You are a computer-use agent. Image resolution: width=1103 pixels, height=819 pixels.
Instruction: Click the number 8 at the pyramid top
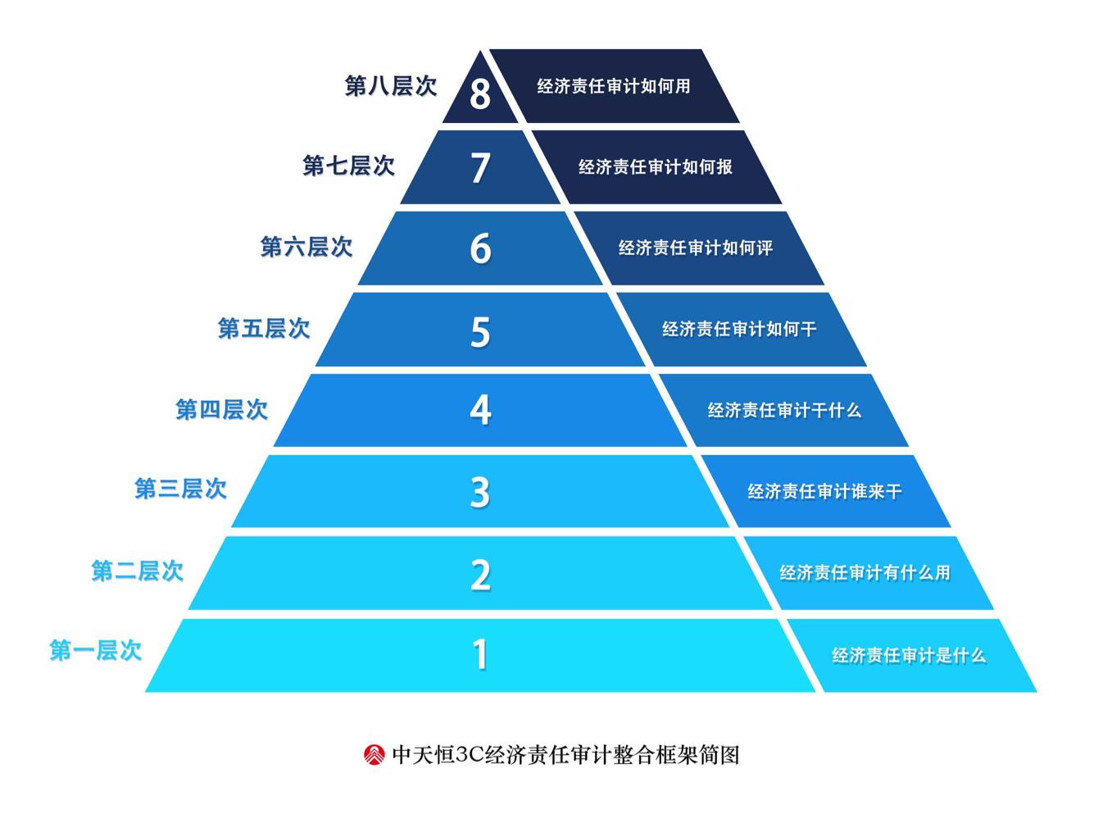point(480,93)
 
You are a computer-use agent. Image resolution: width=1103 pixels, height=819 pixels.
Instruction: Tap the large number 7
point(480,167)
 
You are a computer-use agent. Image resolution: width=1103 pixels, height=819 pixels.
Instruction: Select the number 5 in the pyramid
point(480,331)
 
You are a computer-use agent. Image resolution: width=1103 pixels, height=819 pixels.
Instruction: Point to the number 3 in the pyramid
point(480,492)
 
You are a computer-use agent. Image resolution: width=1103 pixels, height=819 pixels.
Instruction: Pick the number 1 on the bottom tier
point(480,654)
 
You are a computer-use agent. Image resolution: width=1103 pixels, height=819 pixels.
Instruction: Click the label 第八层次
point(391,86)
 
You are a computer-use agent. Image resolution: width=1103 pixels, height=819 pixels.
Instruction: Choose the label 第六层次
point(306,246)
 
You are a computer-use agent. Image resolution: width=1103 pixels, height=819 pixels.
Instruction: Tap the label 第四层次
point(222,409)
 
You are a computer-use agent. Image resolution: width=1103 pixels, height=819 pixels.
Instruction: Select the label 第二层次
point(138,571)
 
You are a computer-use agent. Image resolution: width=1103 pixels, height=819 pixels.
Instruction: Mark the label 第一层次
point(96,651)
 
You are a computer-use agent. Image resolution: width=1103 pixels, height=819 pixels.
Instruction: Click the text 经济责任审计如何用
point(614,86)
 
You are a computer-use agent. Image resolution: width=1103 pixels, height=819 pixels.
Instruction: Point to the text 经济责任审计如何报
point(656,167)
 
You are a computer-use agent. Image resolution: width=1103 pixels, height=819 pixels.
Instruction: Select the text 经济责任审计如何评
point(696,248)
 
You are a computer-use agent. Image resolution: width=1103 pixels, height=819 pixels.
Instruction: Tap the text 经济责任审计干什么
point(784,410)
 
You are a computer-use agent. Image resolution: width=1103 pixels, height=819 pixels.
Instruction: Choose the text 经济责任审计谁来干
point(824,491)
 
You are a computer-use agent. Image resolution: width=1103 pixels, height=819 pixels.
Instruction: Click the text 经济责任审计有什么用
point(865,572)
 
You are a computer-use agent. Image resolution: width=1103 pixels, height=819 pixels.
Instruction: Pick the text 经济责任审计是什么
point(909,655)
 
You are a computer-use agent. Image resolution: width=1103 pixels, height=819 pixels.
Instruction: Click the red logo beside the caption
point(374,754)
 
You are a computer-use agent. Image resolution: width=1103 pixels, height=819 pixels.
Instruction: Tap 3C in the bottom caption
point(470,754)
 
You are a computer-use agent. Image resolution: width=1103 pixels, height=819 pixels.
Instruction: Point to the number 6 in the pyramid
point(480,248)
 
